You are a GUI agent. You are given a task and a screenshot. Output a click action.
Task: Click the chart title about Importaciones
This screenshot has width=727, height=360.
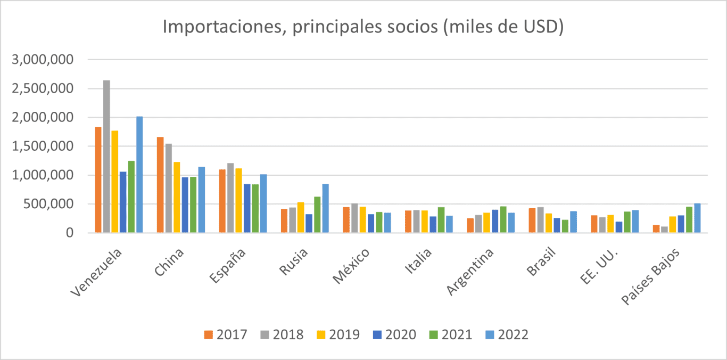[x=363, y=27]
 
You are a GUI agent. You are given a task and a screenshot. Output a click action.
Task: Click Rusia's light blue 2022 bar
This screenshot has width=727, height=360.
[x=325, y=208]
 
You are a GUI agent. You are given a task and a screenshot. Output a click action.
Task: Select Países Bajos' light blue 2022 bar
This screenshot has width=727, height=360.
[x=697, y=218]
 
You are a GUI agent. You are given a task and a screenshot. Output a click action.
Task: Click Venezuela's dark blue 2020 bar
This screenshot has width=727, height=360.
[x=123, y=202]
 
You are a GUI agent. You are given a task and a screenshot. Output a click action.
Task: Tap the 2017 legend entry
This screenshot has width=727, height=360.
[x=226, y=334]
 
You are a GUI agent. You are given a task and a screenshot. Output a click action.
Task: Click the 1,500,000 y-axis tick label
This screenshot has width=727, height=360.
[x=43, y=146]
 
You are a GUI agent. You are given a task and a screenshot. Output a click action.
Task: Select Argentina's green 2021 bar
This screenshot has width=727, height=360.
[x=503, y=219]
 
